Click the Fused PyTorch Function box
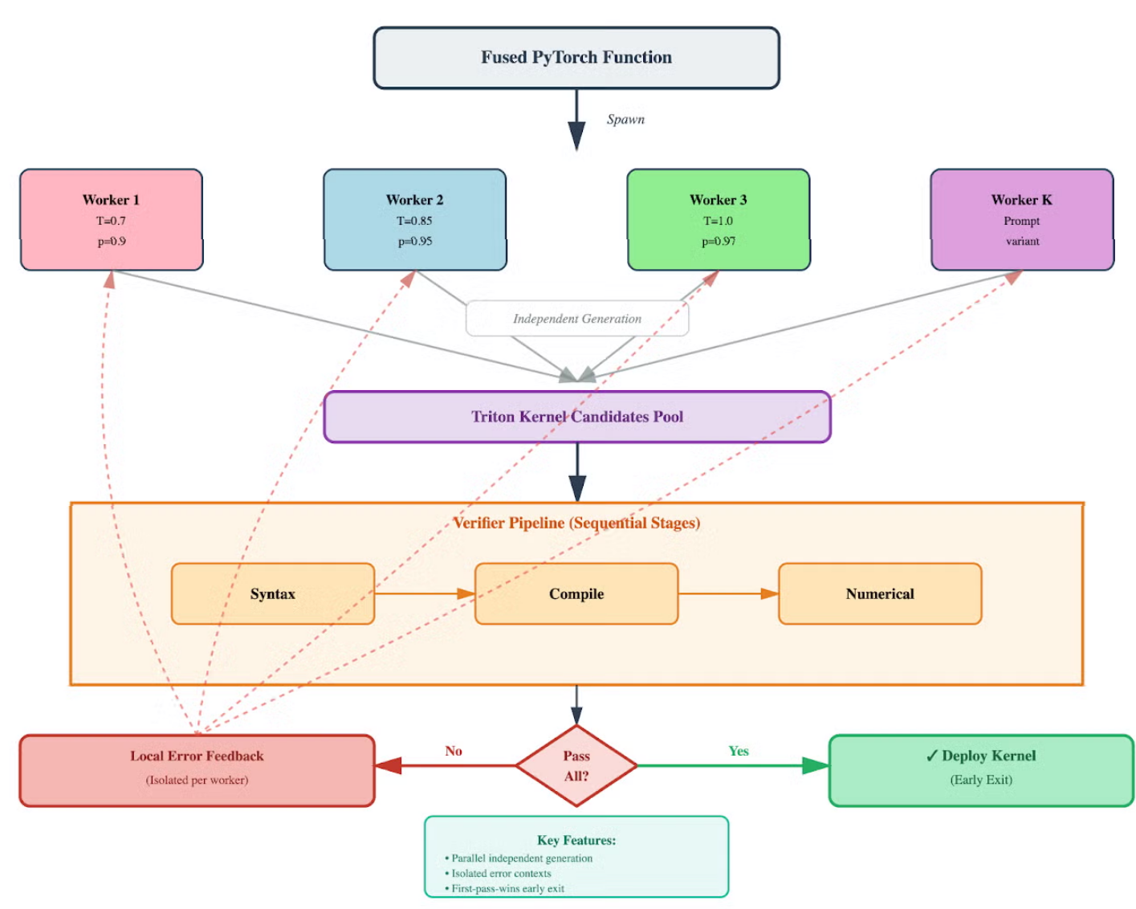[x=576, y=58]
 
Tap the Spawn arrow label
[x=625, y=120]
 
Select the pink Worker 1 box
[x=112, y=219]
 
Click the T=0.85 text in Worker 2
[x=414, y=221]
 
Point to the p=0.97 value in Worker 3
[x=719, y=242]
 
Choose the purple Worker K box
[x=1022, y=219]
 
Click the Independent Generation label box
[x=577, y=319]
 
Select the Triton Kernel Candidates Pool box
[x=577, y=417]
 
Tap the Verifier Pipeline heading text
[x=576, y=523]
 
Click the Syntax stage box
[x=273, y=593]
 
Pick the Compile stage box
[x=576, y=593]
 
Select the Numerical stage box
[x=880, y=593]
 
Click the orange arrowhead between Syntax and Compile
[x=466, y=593]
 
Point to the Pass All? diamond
[x=576, y=765]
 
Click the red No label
[x=454, y=751]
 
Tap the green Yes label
[x=739, y=751]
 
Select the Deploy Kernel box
[x=981, y=771]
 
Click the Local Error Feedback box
[x=197, y=771]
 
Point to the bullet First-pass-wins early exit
[x=505, y=888]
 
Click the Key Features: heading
[x=576, y=840]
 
